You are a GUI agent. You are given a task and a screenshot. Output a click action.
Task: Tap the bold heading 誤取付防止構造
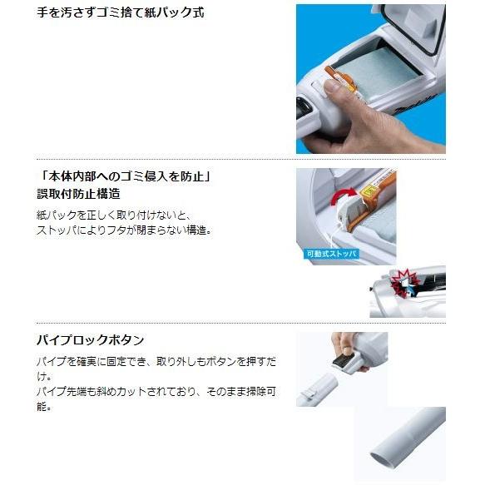pyautogui.click(x=81, y=195)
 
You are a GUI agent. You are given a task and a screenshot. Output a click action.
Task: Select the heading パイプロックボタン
pyautogui.click(x=91, y=340)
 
